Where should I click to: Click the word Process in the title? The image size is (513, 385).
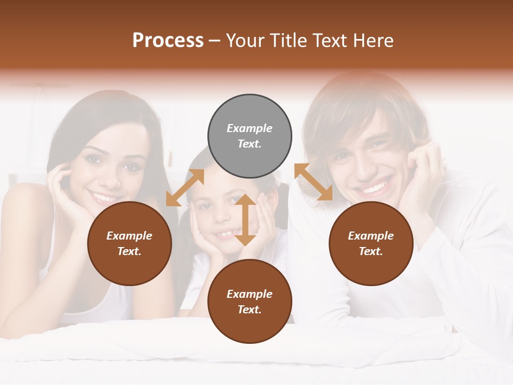(168, 41)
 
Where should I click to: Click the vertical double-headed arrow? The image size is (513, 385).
(245, 220)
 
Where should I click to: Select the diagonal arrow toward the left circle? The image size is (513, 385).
(185, 187)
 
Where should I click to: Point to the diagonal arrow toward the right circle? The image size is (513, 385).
(313, 182)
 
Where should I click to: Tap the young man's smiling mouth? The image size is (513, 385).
(375, 187)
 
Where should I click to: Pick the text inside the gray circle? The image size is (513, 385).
(250, 136)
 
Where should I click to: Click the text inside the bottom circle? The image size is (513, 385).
(250, 302)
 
